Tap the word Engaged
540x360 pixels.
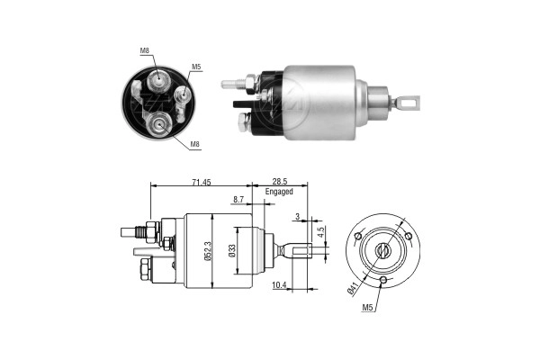tap(280, 192)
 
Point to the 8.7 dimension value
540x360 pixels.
tap(238, 199)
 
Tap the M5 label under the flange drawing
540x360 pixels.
tap(369, 308)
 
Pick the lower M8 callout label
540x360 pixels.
tap(196, 143)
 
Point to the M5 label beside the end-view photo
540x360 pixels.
tap(196, 66)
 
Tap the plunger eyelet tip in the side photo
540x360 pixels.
tap(411, 103)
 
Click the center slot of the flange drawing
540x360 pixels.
tap(383, 249)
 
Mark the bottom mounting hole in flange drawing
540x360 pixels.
tap(383, 281)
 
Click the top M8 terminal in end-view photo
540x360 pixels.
tap(159, 80)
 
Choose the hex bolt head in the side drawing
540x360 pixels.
tap(146, 268)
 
